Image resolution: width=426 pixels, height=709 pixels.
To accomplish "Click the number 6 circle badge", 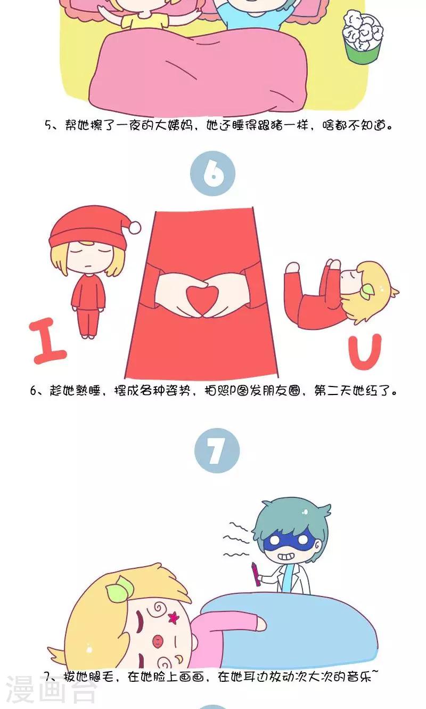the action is click(212, 173).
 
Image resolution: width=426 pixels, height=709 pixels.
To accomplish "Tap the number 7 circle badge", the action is click(217, 450).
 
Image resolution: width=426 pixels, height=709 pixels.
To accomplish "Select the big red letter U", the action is click(365, 352).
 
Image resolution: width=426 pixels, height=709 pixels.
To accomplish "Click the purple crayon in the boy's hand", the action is click(256, 574).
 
